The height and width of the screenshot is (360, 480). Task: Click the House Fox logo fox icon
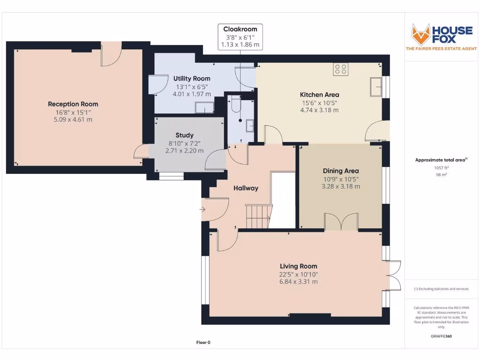click(420, 34)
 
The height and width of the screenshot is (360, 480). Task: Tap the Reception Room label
click(73, 104)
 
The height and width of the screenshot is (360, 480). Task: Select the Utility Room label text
click(192, 78)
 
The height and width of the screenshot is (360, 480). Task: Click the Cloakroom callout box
click(240, 37)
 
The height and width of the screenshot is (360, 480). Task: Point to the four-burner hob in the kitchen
click(341, 69)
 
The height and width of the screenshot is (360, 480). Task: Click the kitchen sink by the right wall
click(376, 86)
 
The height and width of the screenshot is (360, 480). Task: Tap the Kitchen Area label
click(319, 95)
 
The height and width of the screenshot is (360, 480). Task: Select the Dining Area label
click(341, 171)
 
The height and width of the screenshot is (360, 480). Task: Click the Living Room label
click(299, 266)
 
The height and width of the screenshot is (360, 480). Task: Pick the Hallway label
click(246, 188)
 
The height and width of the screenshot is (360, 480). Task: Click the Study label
click(184, 135)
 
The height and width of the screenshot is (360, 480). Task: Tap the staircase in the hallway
click(258, 215)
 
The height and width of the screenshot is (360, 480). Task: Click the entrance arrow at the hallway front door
click(202, 210)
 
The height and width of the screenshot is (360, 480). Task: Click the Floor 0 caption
click(203, 343)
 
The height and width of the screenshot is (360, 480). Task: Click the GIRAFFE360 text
click(441, 336)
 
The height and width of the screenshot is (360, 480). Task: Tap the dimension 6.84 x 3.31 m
click(299, 282)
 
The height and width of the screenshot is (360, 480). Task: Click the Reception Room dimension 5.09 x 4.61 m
click(73, 120)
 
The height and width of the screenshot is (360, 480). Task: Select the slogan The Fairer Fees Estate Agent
click(441, 49)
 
